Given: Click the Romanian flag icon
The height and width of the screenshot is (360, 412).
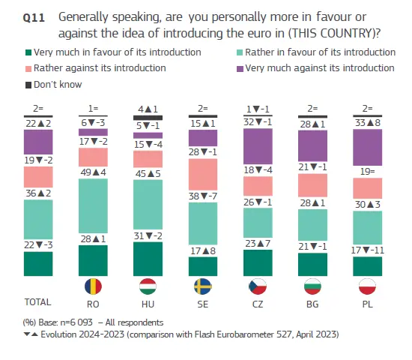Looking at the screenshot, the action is click(x=93, y=286).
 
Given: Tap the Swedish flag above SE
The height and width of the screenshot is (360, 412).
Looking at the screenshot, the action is click(x=202, y=286).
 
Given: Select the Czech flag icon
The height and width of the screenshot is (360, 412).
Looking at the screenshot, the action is click(x=258, y=286).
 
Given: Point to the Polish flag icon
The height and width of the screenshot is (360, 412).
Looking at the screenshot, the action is click(x=367, y=286).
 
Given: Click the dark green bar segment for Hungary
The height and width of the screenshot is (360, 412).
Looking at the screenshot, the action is click(x=148, y=259).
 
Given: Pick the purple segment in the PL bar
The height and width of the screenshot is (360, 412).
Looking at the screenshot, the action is click(x=367, y=147).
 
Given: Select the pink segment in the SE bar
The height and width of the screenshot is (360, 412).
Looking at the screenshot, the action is click(x=203, y=175).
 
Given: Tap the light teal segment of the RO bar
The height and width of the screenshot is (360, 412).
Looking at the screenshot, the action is click(x=93, y=205).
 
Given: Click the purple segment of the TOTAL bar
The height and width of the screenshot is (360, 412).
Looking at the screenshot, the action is click(x=38, y=142).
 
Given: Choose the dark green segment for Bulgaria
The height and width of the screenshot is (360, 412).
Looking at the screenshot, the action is click(x=312, y=265).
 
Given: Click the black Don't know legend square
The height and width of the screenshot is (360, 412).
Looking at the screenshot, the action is click(x=28, y=85).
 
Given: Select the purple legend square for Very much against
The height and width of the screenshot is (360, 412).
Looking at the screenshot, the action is click(x=240, y=69).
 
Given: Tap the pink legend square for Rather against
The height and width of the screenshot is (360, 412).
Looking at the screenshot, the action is click(x=28, y=69).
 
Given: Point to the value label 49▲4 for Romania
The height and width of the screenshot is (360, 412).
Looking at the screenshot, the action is click(x=94, y=172).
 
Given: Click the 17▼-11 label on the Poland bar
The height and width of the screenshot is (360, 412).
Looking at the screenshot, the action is click(x=368, y=250).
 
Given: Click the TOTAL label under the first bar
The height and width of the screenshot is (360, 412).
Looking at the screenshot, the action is click(x=38, y=302).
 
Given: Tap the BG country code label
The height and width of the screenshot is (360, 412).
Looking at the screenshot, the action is click(x=312, y=304).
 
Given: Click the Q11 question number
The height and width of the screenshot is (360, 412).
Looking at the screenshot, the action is click(x=34, y=18).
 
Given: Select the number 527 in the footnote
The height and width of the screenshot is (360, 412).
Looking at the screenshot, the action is click(x=285, y=334).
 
